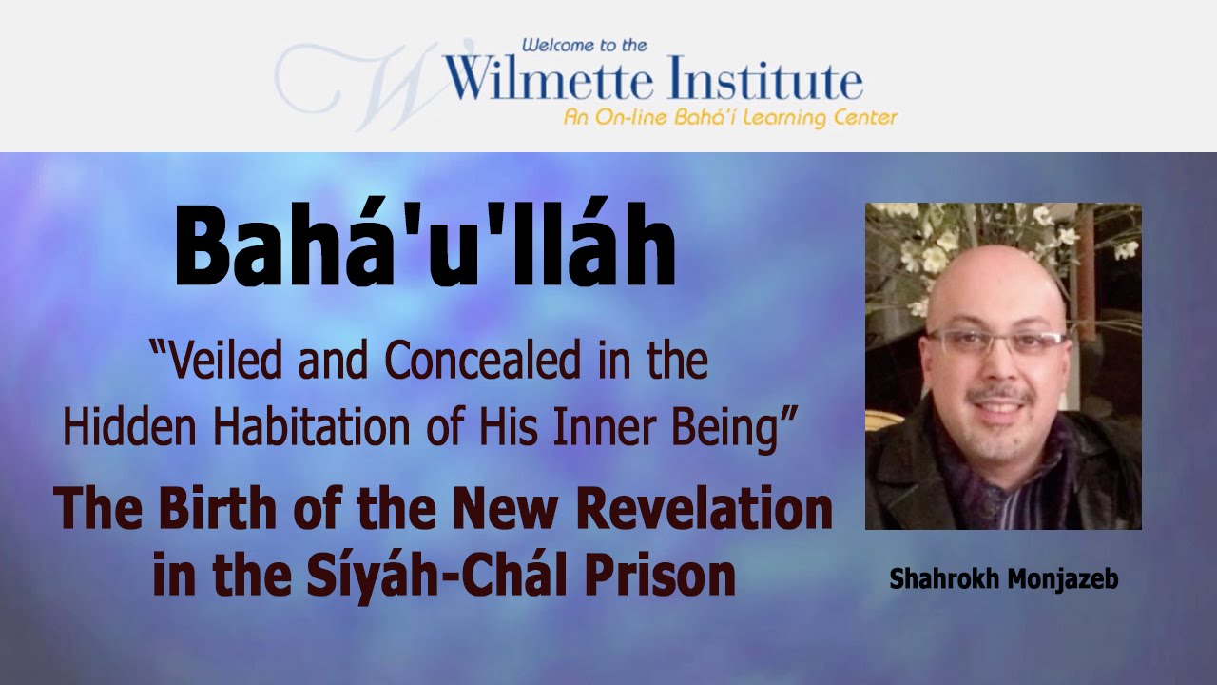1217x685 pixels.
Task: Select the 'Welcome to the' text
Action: (x=584, y=45)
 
